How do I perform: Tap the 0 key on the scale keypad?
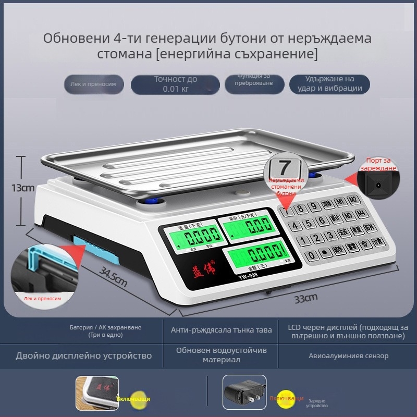click(311, 256)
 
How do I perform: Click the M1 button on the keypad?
click(340, 202)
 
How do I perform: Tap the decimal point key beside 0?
click(325, 253)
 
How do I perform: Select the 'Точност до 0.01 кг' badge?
click(175, 84)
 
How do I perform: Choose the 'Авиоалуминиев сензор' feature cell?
click(348, 356)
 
